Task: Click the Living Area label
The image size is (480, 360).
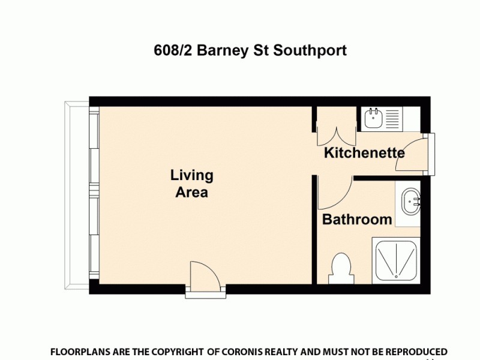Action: [192, 184]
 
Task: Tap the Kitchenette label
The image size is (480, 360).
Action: [364, 153]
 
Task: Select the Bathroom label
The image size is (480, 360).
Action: [357, 220]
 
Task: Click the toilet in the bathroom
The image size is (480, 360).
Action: [341, 268]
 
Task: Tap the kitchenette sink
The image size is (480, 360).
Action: [373, 118]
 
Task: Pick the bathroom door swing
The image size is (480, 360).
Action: [331, 192]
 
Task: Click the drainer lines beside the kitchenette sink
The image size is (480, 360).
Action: [394, 118]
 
